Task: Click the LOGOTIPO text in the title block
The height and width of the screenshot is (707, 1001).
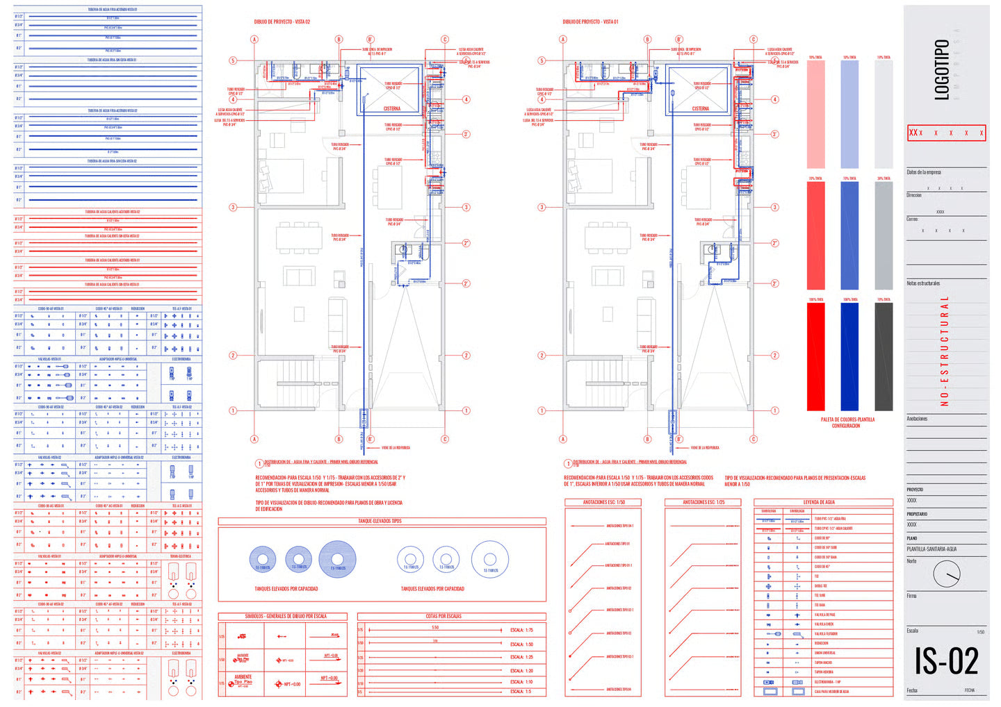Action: [x=941, y=69]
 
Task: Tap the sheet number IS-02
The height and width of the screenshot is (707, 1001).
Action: [x=946, y=660]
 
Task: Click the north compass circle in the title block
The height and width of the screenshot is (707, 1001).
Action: [x=947, y=574]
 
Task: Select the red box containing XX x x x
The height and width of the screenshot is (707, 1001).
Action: [x=946, y=133]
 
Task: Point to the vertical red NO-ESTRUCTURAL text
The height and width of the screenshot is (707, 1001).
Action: [x=944, y=351]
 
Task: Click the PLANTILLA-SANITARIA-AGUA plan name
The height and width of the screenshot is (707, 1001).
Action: [x=931, y=549]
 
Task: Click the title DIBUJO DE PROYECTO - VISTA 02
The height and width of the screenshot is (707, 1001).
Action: [x=282, y=22]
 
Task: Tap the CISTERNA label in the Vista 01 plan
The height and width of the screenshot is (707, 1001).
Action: [x=700, y=109]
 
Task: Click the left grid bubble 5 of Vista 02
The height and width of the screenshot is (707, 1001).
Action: [x=233, y=60]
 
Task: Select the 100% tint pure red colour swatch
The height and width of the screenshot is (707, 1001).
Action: [x=815, y=356]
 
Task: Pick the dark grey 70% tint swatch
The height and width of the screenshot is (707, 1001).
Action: [x=884, y=356]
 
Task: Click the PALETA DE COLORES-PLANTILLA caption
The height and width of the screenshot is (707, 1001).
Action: [x=847, y=422]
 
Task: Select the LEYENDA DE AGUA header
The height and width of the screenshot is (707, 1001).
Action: [x=819, y=502]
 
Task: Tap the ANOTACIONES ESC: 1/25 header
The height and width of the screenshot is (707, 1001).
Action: [x=703, y=502]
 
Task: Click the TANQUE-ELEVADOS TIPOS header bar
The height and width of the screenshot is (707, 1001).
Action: [x=380, y=521]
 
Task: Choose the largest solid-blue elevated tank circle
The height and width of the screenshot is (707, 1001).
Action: [x=337, y=559]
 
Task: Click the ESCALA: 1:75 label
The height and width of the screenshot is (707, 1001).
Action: [x=521, y=630]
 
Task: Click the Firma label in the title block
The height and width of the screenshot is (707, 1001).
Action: [x=911, y=596]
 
